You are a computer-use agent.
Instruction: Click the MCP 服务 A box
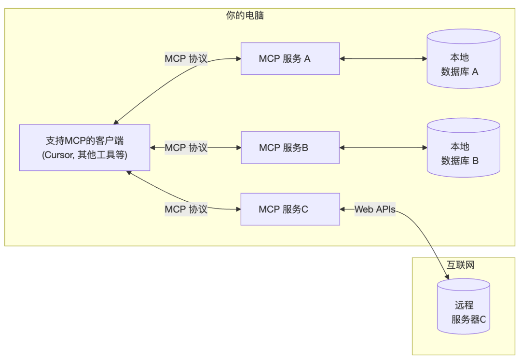(x=290, y=59)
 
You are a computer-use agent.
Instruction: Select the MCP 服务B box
(x=290, y=148)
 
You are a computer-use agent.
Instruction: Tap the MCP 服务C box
(x=290, y=209)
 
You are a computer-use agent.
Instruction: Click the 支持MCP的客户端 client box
(x=84, y=148)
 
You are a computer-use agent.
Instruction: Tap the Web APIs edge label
(x=375, y=209)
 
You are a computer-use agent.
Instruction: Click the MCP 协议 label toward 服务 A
(x=186, y=59)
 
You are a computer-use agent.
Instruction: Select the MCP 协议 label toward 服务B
(x=186, y=148)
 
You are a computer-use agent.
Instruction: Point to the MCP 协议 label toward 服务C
(x=186, y=209)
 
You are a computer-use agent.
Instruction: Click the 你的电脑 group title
(x=245, y=15)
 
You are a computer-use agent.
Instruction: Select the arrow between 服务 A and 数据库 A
(x=383, y=59)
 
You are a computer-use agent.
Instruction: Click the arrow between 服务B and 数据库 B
(x=383, y=148)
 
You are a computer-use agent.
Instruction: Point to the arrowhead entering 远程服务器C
(x=447, y=277)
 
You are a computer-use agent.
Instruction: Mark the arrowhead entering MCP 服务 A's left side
(x=238, y=59)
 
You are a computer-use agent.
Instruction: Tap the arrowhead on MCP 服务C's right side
(x=343, y=209)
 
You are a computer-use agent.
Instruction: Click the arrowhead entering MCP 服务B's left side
(x=238, y=148)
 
